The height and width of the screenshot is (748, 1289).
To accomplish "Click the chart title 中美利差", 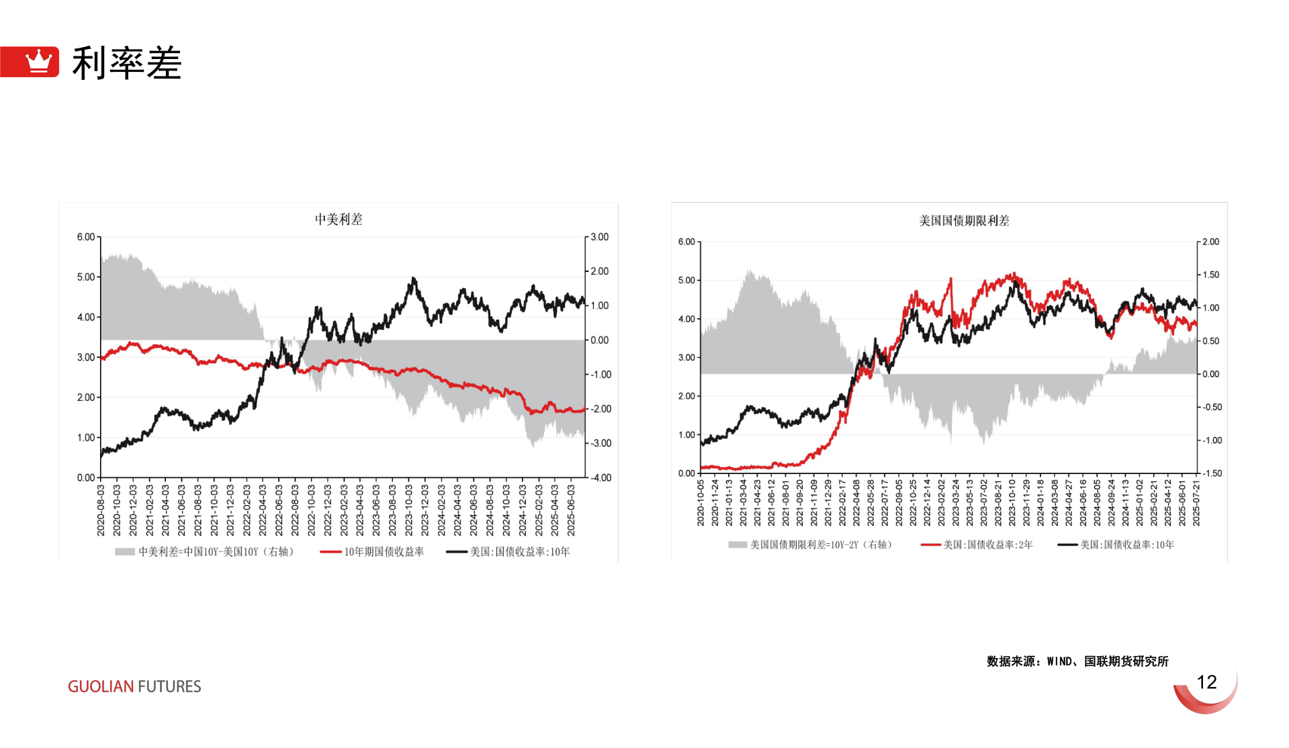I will (x=339, y=220).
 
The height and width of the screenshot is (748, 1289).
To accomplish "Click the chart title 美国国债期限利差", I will (x=964, y=221).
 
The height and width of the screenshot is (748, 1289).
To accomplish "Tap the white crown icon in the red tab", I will (x=38, y=61).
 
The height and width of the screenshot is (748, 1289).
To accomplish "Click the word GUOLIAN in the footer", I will (x=101, y=686).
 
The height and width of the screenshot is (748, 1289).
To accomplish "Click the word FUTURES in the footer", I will (x=169, y=686).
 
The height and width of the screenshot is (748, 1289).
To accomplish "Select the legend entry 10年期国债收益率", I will (x=384, y=552).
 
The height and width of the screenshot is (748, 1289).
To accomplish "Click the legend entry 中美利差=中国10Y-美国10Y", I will (x=215, y=552).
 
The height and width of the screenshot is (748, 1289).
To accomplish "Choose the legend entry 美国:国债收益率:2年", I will (x=987, y=545).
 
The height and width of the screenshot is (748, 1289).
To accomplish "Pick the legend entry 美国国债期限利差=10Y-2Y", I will (x=820, y=545).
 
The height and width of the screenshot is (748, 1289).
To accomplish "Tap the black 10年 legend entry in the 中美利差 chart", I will (x=519, y=552).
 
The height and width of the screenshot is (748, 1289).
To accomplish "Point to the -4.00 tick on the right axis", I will (x=601, y=478).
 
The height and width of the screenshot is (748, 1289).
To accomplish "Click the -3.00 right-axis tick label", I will (x=601, y=443).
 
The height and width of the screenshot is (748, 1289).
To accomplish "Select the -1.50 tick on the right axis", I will (x=1211, y=473).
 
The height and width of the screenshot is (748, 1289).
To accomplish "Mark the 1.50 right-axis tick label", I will (x=1210, y=275).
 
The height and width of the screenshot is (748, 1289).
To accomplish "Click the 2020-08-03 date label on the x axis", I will (x=101, y=510).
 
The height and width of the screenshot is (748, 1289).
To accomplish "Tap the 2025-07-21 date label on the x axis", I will (x=1196, y=503).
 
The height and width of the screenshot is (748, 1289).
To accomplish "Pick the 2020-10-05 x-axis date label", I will (x=701, y=503).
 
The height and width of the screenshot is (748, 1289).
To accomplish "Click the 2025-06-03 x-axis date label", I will (x=571, y=510).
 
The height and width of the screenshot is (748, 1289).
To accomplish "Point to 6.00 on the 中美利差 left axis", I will (x=85, y=237).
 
